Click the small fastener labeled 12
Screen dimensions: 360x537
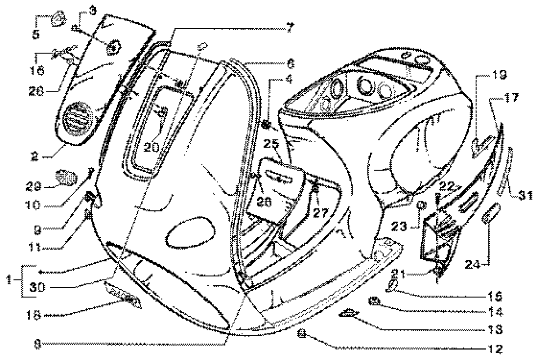tap(302, 333)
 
